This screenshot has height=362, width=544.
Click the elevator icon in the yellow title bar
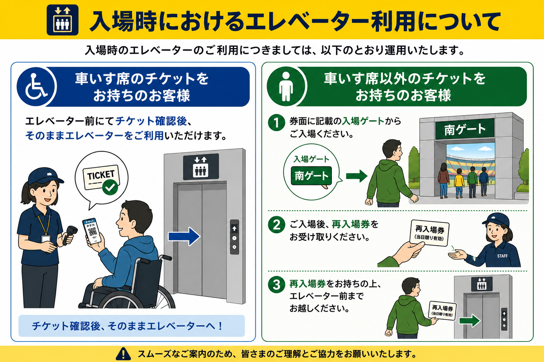(x=62, y=20)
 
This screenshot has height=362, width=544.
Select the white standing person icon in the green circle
(x=286, y=86)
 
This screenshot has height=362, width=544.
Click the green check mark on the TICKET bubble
(x=110, y=187)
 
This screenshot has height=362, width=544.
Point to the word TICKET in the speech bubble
(x=101, y=175)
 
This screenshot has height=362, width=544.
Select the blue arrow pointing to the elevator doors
(x=184, y=237)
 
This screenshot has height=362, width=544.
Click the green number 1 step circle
(x=276, y=122)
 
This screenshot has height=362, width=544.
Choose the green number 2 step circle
(x=276, y=224)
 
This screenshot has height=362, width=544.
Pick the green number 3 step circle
(x=276, y=285)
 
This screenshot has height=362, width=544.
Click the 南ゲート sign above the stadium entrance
(x=465, y=129)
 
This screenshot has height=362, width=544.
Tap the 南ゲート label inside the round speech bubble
(x=311, y=176)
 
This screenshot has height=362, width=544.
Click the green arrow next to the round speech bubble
(x=357, y=176)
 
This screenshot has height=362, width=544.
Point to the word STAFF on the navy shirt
(x=502, y=256)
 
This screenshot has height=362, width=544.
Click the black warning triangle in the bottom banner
(x=123, y=354)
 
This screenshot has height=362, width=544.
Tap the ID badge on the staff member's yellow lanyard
(x=45, y=239)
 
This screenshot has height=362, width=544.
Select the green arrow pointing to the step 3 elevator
(x=470, y=321)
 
